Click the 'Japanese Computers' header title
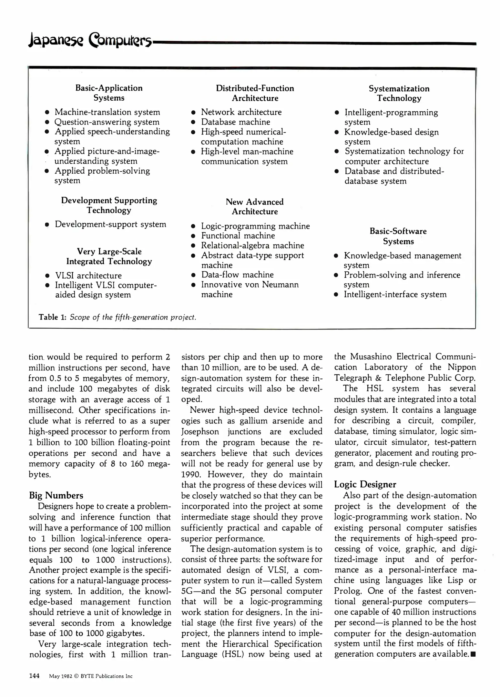(90, 41)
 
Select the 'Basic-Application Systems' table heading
(109, 93)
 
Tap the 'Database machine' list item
(235, 122)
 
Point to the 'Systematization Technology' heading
(399, 93)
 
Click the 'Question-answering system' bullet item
(107, 122)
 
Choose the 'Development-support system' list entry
(110, 224)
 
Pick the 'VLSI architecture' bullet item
(88, 276)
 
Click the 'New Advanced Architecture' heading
(255, 207)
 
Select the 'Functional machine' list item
(238, 236)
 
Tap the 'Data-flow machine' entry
(237, 275)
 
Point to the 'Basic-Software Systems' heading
(398, 236)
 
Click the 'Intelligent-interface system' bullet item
(395, 294)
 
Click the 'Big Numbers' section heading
(56, 496)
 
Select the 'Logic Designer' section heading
(365, 484)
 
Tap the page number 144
(34, 676)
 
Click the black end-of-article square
(473, 654)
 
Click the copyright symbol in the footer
(76, 676)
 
